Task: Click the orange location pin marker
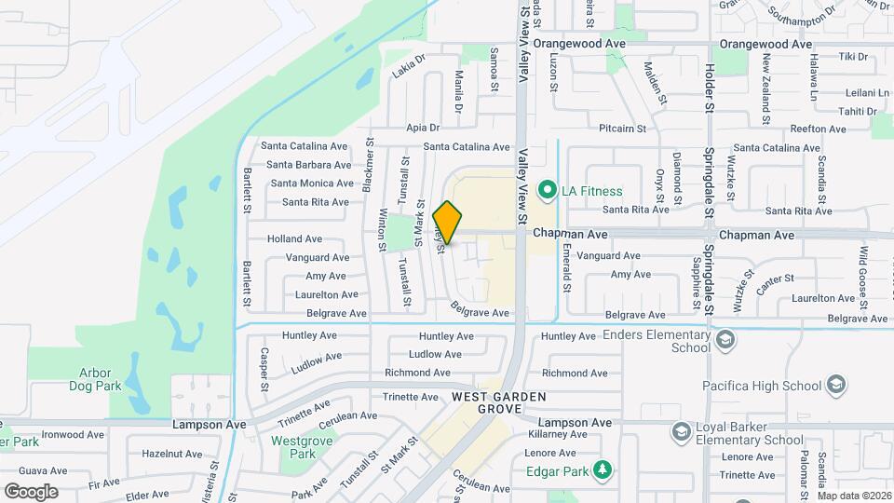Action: point(448,223)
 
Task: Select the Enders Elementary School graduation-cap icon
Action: point(725,338)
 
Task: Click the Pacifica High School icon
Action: point(835,385)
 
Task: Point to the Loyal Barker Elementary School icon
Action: point(681,430)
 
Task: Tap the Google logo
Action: point(31,491)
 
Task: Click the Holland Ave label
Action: point(294,238)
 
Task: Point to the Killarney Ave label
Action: point(556,434)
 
